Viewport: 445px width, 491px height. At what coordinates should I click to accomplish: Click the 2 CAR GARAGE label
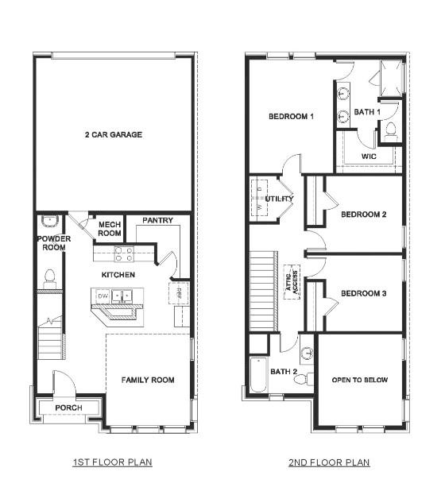click(x=114, y=135)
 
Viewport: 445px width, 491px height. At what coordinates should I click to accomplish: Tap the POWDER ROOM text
click(x=53, y=243)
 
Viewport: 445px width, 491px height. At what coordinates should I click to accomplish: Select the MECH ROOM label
click(x=109, y=229)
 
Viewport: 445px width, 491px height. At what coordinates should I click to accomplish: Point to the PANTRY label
click(x=157, y=220)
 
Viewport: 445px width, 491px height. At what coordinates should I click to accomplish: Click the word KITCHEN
click(x=118, y=275)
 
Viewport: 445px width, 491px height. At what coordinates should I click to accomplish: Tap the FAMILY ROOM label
click(x=148, y=380)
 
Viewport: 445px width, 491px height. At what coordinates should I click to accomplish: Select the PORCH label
click(x=68, y=408)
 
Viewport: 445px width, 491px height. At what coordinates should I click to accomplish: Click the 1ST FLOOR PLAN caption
click(x=114, y=462)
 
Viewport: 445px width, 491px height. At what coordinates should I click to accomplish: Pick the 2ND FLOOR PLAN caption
click(x=330, y=462)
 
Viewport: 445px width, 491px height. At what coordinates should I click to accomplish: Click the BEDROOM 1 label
click(x=291, y=117)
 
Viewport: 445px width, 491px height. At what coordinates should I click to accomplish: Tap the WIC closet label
click(x=368, y=157)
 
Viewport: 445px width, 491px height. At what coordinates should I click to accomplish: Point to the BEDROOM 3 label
click(x=363, y=294)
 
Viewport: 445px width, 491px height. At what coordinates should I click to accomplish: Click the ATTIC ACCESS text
click(x=292, y=281)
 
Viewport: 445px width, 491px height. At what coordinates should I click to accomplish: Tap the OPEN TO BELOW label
click(x=360, y=380)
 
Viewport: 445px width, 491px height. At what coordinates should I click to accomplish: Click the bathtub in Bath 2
click(x=260, y=377)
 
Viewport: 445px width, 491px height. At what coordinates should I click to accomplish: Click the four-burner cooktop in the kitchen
click(x=123, y=254)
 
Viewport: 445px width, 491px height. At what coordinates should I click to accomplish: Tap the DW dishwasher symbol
click(x=102, y=296)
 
